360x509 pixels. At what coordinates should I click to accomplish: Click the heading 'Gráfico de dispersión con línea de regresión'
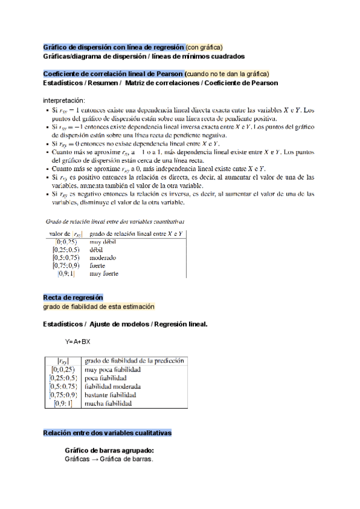114,47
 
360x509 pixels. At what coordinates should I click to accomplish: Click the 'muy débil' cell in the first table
103,241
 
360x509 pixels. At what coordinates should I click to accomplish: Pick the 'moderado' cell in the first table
103,258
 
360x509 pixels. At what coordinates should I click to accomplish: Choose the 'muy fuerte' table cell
104,274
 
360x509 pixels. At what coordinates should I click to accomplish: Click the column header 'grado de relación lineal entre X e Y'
136,233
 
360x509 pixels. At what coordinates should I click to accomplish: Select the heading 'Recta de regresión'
73,298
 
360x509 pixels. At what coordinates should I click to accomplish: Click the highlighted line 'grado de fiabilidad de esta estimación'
98,306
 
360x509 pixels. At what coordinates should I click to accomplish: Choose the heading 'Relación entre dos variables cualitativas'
107,433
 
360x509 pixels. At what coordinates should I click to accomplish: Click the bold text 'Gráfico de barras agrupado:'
109,450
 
